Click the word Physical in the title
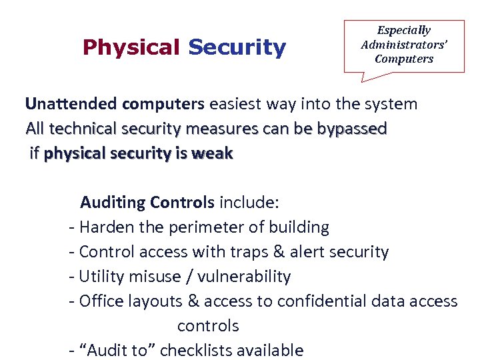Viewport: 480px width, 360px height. point(131,47)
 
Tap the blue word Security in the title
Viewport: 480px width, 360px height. point(237,47)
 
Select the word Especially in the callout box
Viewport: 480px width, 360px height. point(404,30)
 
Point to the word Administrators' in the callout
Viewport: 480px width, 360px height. point(404,44)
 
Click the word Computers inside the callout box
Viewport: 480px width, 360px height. point(404,59)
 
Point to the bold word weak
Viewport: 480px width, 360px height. point(211,153)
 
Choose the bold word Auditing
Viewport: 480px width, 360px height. point(113,202)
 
